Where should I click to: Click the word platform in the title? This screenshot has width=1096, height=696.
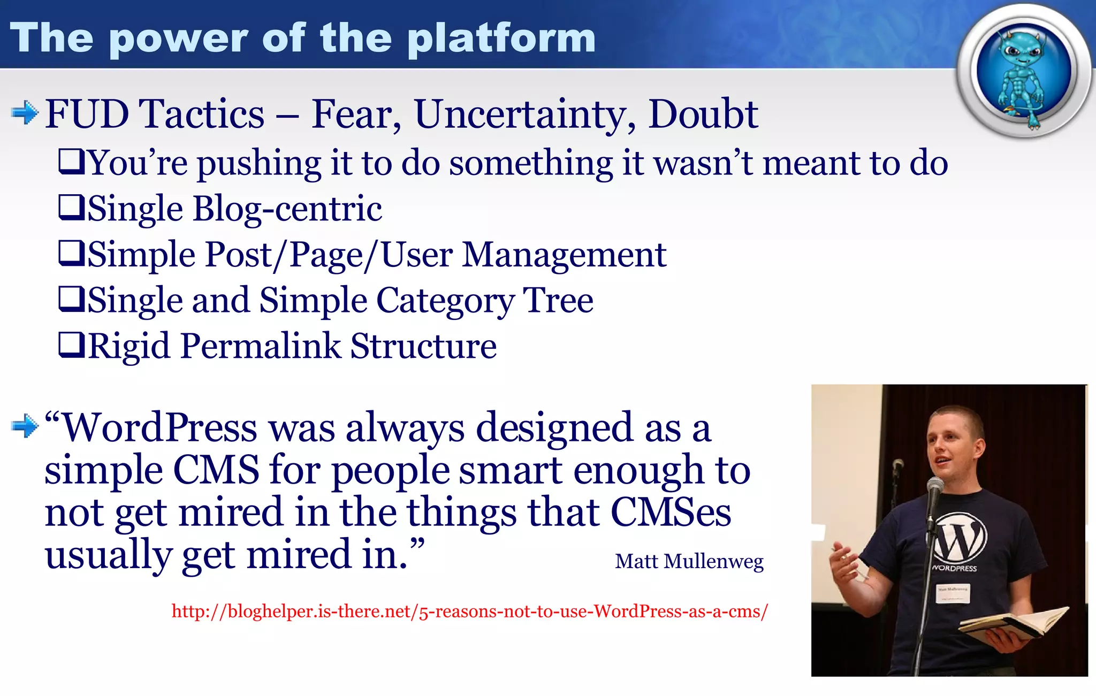click(x=501, y=39)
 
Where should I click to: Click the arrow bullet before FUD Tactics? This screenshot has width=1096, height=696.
click(x=24, y=113)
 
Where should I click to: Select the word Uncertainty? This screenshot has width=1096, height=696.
click(x=524, y=114)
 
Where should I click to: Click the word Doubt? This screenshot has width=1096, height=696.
click(x=703, y=114)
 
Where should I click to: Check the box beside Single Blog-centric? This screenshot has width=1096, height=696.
click(x=71, y=208)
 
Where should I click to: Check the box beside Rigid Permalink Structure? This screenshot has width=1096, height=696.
click(x=71, y=345)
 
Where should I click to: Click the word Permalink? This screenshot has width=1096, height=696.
click(x=260, y=346)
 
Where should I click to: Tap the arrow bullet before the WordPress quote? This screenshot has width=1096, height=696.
click(x=24, y=426)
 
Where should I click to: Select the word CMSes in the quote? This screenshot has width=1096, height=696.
click(x=670, y=513)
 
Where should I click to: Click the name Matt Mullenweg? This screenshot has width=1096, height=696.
click(x=689, y=561)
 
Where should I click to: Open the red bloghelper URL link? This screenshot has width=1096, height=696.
click(x=469, y=611)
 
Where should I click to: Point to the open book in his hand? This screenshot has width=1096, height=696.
click(x=1011, y=623)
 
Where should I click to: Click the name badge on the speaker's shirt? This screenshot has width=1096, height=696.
click(x=953, y=593)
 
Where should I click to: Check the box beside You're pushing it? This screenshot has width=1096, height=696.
click(x=71, y=162)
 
